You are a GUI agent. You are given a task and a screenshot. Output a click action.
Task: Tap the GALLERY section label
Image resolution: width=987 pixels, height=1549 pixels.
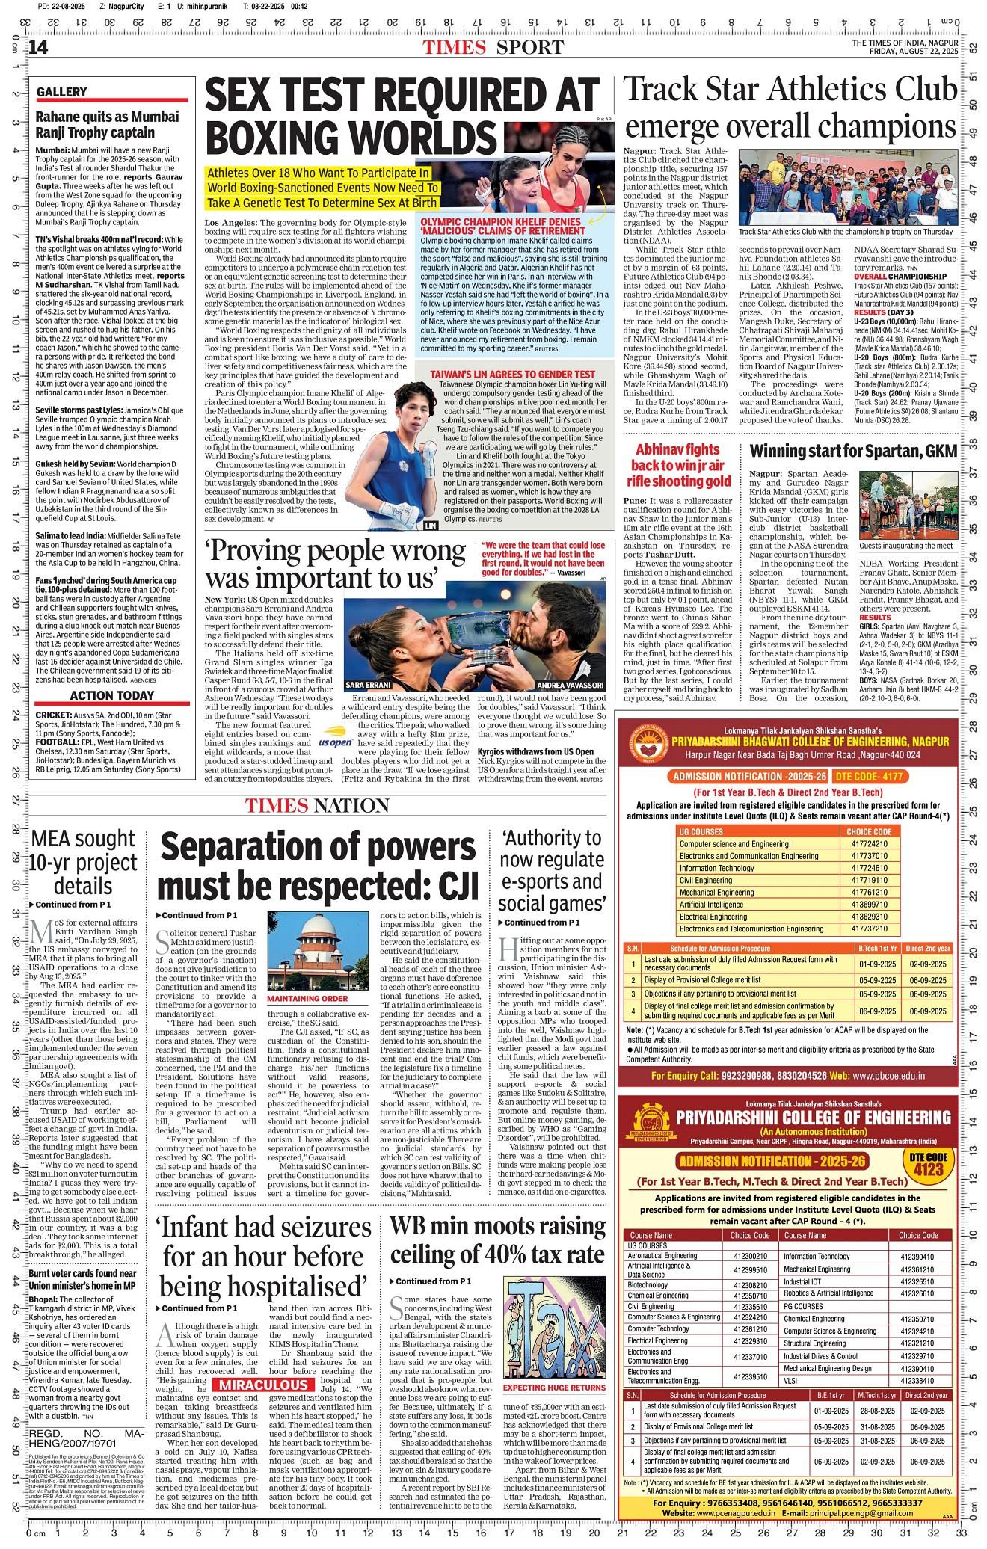[62, 93]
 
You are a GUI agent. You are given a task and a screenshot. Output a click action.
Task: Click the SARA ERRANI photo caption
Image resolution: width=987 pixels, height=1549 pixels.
[369, 685]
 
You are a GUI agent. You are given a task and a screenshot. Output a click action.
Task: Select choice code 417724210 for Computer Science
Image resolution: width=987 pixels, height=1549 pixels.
[868, 843]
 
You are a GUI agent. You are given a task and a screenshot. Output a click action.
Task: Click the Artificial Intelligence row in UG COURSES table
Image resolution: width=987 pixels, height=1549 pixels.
[718, 904]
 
